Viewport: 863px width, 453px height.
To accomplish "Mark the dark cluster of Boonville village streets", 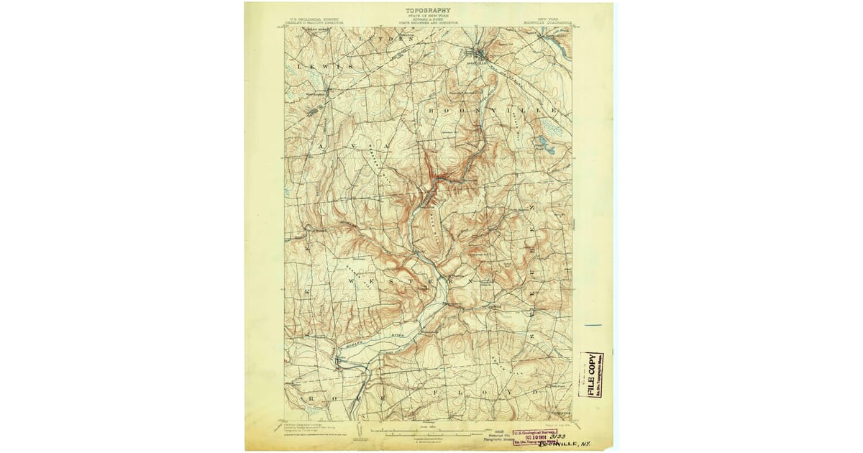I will point(478,55).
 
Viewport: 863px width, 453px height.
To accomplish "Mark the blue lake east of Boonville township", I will point(544,143).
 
